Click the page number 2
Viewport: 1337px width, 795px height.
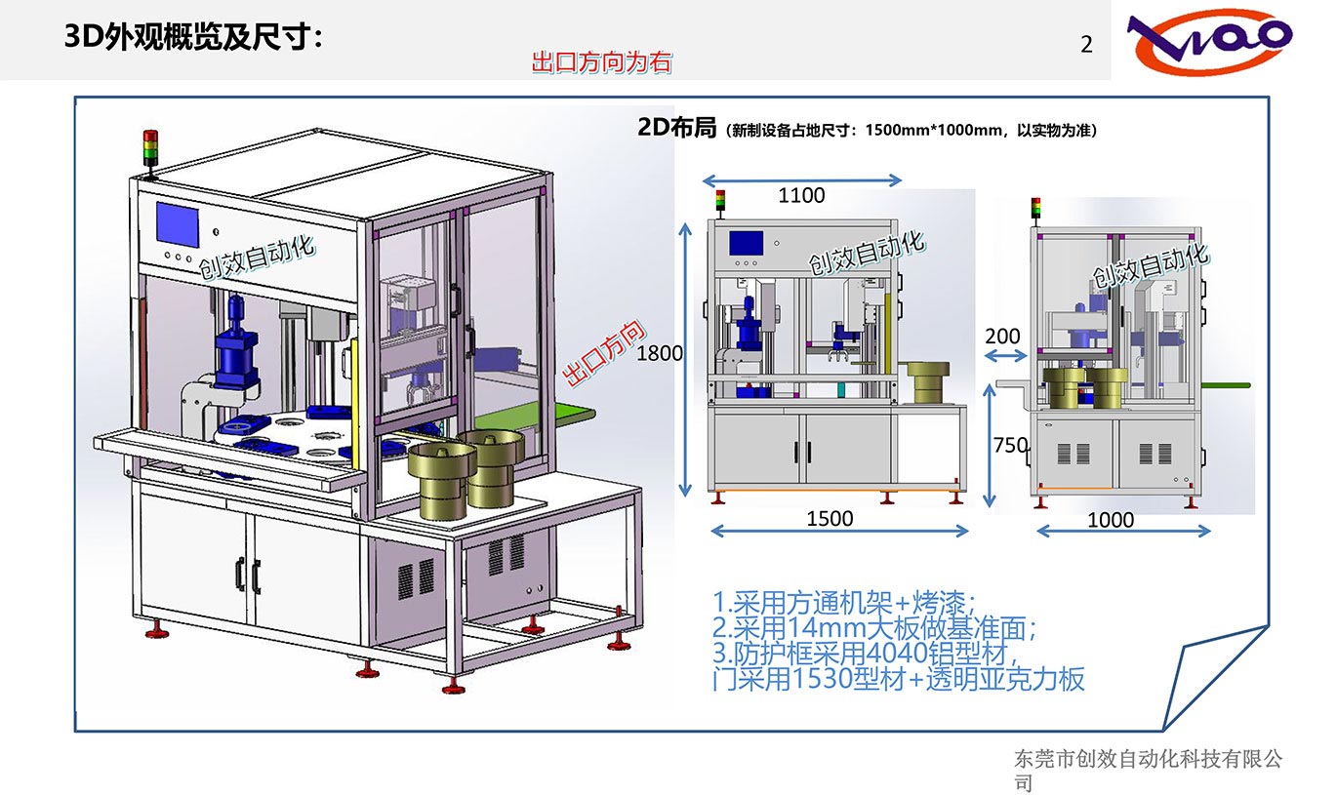1086,45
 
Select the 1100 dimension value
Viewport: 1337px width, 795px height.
801,196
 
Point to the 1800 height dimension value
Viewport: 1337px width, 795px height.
660,354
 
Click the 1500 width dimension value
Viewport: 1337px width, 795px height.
830,519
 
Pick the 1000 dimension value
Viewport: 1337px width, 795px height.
1111,521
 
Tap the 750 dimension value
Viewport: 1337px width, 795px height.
1010,446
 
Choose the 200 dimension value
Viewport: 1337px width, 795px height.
1002,337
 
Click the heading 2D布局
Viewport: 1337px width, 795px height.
676,128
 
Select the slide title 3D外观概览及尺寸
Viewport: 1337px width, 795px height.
192,38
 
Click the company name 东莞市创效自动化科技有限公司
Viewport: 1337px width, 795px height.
1148,770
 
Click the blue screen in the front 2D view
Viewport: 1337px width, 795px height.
747,242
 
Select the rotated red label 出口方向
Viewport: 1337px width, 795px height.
606,352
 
